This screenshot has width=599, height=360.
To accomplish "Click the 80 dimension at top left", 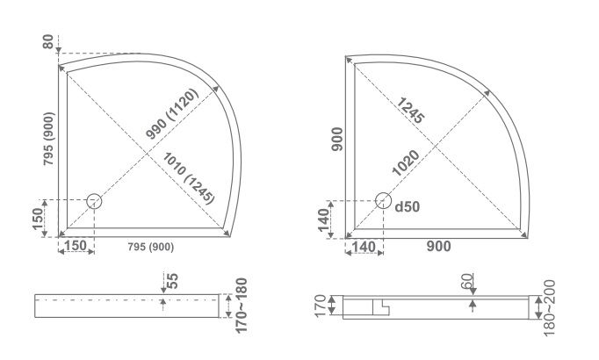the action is pyautogui.click(x=47, y=41).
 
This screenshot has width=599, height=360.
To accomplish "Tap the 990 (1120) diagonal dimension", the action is pyautogui.click(x=172, y=114).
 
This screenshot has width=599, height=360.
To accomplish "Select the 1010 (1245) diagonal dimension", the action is pyautogui.click(x=188, y=178).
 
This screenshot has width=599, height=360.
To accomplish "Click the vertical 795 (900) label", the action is pyautogui.click(x=48, y=139).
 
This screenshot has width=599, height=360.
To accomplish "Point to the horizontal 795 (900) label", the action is pyautogui.click(x=150, y=247).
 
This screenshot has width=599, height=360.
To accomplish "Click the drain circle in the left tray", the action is pyautogui.click(x=94, y=201).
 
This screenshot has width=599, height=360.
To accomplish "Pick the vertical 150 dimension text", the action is pyautogui.click(x=38, y=219).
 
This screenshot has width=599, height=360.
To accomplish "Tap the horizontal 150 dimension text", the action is pyautogui.click(x=76, y=246).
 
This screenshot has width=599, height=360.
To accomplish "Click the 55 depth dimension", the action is pyautogui.click(x=173, y=281).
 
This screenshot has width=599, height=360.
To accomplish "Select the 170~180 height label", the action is pyautogui.click(x=241, y=306).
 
